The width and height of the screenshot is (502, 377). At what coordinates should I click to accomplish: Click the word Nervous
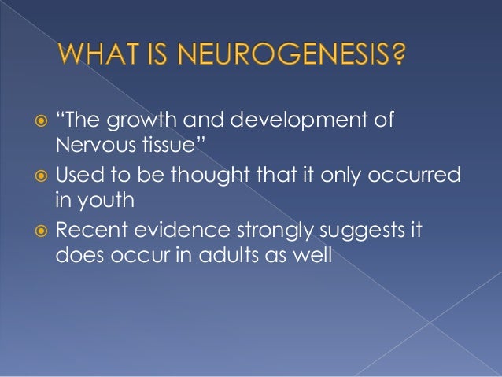[x=89, y=146]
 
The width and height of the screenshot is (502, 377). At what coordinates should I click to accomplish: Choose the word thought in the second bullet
[x=226, y=175]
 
